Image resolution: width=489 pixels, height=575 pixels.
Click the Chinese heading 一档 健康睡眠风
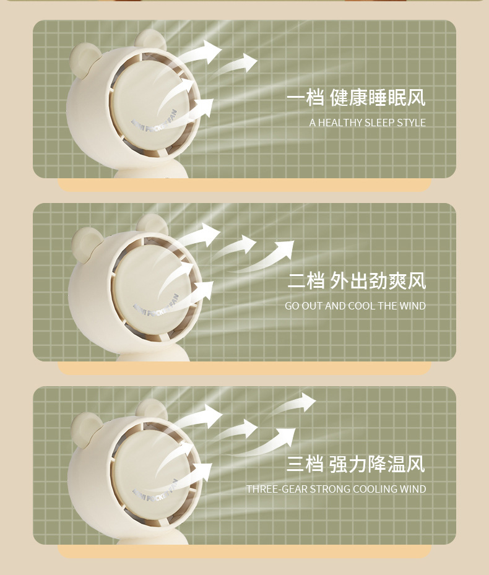356,98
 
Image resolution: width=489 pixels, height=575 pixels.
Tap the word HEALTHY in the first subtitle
340,123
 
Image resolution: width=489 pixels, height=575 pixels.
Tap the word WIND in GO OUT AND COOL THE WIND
412,306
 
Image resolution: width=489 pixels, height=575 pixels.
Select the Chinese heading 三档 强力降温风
356,464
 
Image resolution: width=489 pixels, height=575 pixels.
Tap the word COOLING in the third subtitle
377,489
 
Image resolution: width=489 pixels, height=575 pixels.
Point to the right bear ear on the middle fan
152,224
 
